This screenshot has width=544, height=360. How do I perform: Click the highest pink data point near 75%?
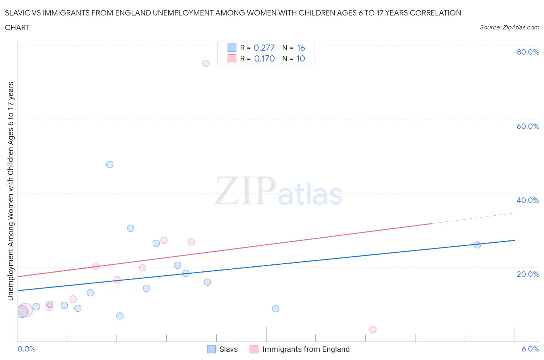[x=206, y=63]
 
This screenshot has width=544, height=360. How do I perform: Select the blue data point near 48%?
[x=110, y=165]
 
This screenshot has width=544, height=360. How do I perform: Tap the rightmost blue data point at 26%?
[x=477, y=245]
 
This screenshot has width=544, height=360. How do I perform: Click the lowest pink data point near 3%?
[x=373, y=329]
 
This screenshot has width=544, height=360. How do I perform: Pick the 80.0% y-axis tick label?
[x=528, y=52]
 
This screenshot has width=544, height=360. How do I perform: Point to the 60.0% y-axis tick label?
[x=528, y=126]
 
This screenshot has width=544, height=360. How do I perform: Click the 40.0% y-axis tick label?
[x=528, y=200]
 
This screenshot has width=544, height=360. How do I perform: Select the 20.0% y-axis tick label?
[x=528, y=274]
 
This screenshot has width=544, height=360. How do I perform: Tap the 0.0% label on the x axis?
[x=27, y=349]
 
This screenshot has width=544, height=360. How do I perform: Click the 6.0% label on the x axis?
[x=530, y=349]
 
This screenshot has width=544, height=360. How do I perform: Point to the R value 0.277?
[x=264, y=48]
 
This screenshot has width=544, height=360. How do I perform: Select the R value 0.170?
[x=264, y=59]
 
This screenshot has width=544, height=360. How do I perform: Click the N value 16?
[x=301, y=48]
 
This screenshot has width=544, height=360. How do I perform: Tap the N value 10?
[x=301, y=59]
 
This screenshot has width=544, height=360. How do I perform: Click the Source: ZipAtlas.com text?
[x=509, y=27]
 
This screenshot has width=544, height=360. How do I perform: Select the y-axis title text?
[x=11, y=191]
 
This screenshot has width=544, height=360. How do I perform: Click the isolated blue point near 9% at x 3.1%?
[x=275, y=309]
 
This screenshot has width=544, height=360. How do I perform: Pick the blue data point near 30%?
[x=130, y=228]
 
